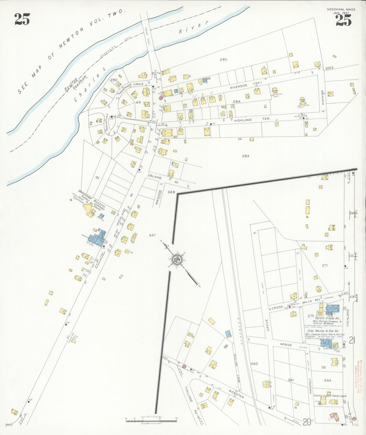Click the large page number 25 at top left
pos(22,19)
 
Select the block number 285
pos(223,60)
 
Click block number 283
pos(245,156)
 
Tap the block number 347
pos(152,235)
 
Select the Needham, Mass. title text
pos(341,9)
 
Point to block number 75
pos(97,178)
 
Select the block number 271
pos(325,265)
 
